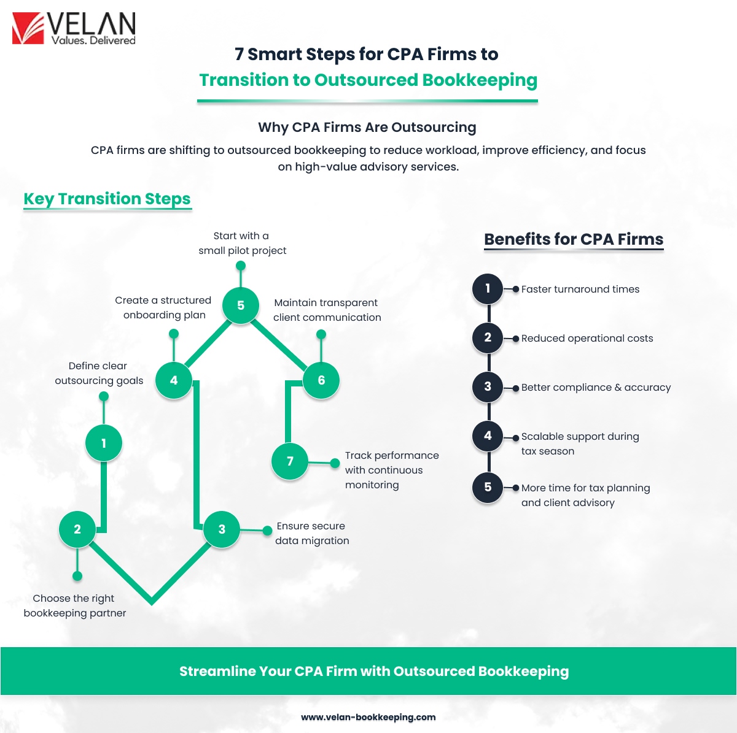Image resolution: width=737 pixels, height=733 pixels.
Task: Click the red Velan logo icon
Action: point(28,28)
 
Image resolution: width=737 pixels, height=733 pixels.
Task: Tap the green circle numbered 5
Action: point(241,305)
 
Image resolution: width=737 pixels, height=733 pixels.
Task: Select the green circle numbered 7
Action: point(290,461)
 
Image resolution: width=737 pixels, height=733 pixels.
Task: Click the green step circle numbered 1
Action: point(104,443)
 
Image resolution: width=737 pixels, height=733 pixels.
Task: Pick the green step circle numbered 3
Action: point(222,529)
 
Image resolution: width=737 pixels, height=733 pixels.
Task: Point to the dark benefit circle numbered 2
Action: point(488,337)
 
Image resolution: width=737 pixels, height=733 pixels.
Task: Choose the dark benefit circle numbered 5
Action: point(488,487)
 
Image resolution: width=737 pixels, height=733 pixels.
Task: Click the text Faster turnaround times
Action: point(580,289)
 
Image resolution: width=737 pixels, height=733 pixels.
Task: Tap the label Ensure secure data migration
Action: point(312,533)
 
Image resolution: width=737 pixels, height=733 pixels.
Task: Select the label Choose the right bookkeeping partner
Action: point(74,605)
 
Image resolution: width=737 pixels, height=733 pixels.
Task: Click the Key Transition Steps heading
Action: point(107,199)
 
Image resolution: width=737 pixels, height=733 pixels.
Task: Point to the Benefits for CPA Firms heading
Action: point(574,239)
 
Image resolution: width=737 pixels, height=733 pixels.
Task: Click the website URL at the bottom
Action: point(368,717)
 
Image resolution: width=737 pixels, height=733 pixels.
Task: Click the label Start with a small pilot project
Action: point(242,243)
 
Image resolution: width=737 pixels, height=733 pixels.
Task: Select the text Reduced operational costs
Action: point(587,338)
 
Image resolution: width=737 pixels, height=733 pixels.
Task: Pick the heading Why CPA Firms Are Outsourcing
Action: point(367,127)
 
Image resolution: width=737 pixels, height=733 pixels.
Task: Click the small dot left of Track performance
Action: point(335,463)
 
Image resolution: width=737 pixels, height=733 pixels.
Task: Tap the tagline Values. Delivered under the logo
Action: point(94,40)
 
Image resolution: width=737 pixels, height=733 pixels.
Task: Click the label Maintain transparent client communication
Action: point(327,310)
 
